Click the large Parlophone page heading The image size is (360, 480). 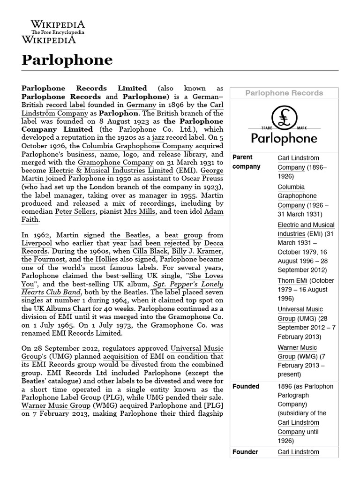coord(67,60)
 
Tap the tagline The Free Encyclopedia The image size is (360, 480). coord(58,32)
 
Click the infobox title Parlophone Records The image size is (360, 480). coord(284,93)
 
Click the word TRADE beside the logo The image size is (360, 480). coord(267,127)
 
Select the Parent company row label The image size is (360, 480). coord(242,162)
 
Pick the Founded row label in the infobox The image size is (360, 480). coord(246,386)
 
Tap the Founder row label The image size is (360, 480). coord(245,452)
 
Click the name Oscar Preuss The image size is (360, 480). coord(204,178)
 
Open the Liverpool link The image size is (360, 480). coord(37,243)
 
